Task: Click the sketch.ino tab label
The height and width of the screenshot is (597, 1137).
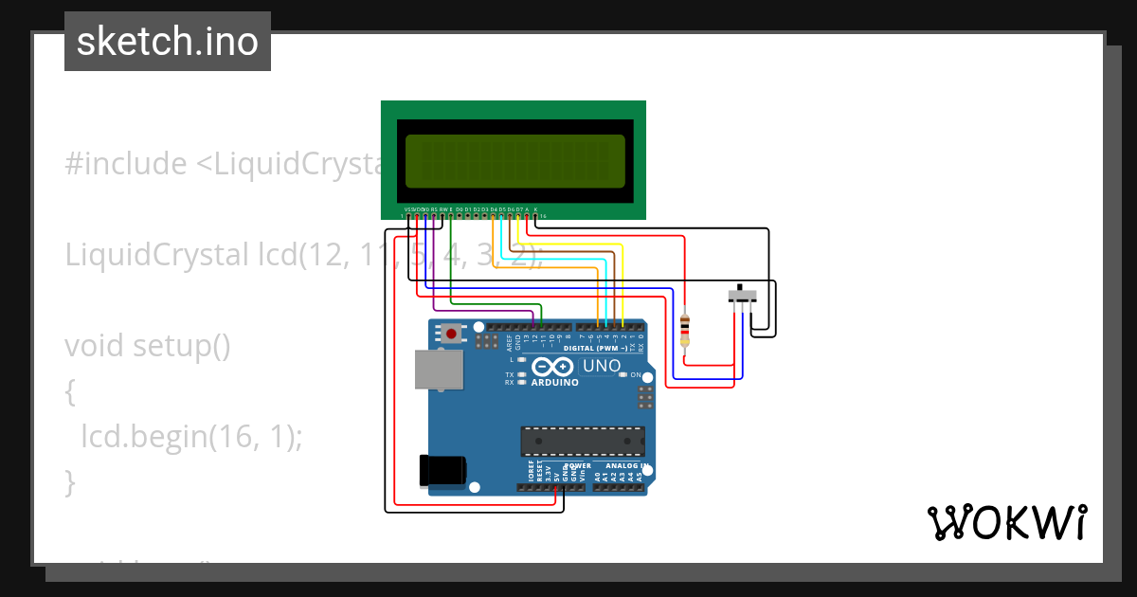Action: point(168,42)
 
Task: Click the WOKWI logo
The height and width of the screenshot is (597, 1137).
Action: point(1006,522)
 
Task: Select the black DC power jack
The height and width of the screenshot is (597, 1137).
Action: point(443,471)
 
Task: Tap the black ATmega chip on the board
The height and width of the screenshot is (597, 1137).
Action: point(582,441)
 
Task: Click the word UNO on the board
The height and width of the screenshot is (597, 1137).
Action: point(601,366)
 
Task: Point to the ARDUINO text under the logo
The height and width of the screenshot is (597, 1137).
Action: point(555,382)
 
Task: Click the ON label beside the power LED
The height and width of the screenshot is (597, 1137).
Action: point(636,375)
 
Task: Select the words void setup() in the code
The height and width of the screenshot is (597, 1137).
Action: point(148,345)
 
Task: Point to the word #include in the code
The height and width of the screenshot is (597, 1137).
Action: point(126,164)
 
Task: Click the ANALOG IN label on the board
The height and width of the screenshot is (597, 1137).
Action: point(626,466)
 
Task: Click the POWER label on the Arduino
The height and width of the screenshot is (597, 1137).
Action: point(578,466)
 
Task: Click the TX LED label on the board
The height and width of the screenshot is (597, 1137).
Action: point(509,375)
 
